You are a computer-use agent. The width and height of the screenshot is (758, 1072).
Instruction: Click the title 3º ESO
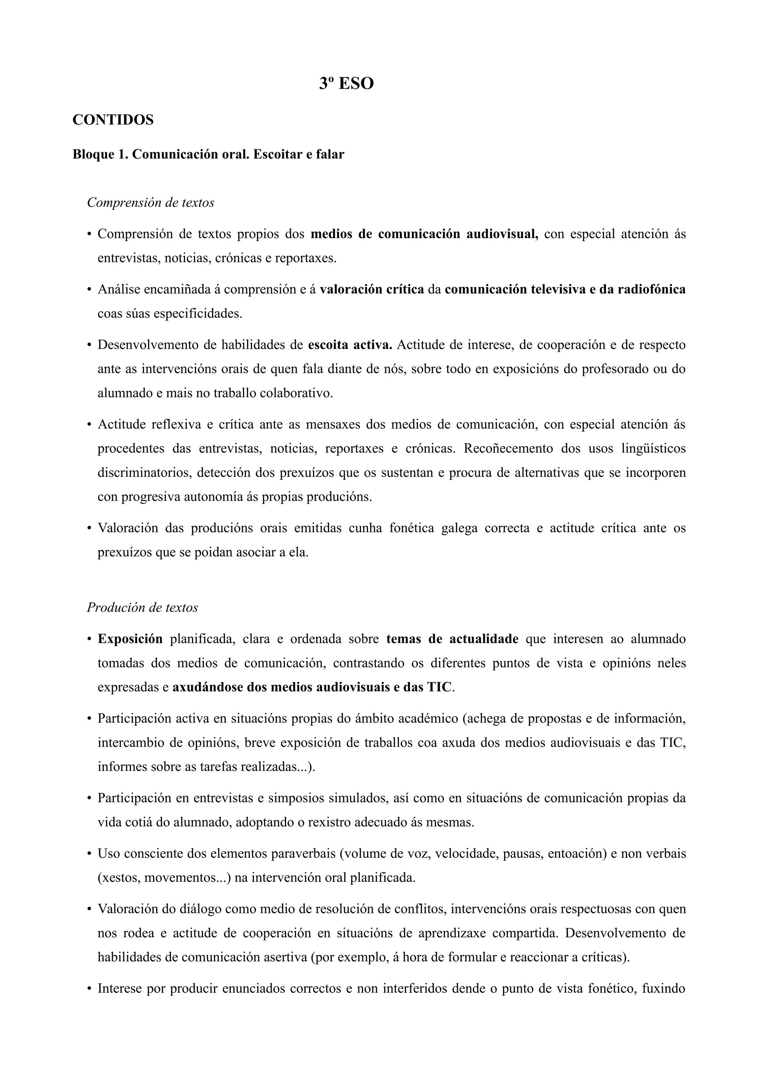(346, 84)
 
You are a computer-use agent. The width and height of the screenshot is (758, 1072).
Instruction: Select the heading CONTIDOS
(113, 120)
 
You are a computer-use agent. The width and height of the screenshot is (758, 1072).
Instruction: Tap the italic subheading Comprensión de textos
(150, 203)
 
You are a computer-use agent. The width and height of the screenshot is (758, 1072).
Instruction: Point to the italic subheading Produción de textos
(142, 607)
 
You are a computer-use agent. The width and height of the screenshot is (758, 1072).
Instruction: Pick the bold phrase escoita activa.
(350, 345)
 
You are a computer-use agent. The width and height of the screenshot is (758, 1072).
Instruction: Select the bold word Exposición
(130, 639)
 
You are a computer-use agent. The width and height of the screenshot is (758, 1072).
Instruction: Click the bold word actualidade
(483, 639)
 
